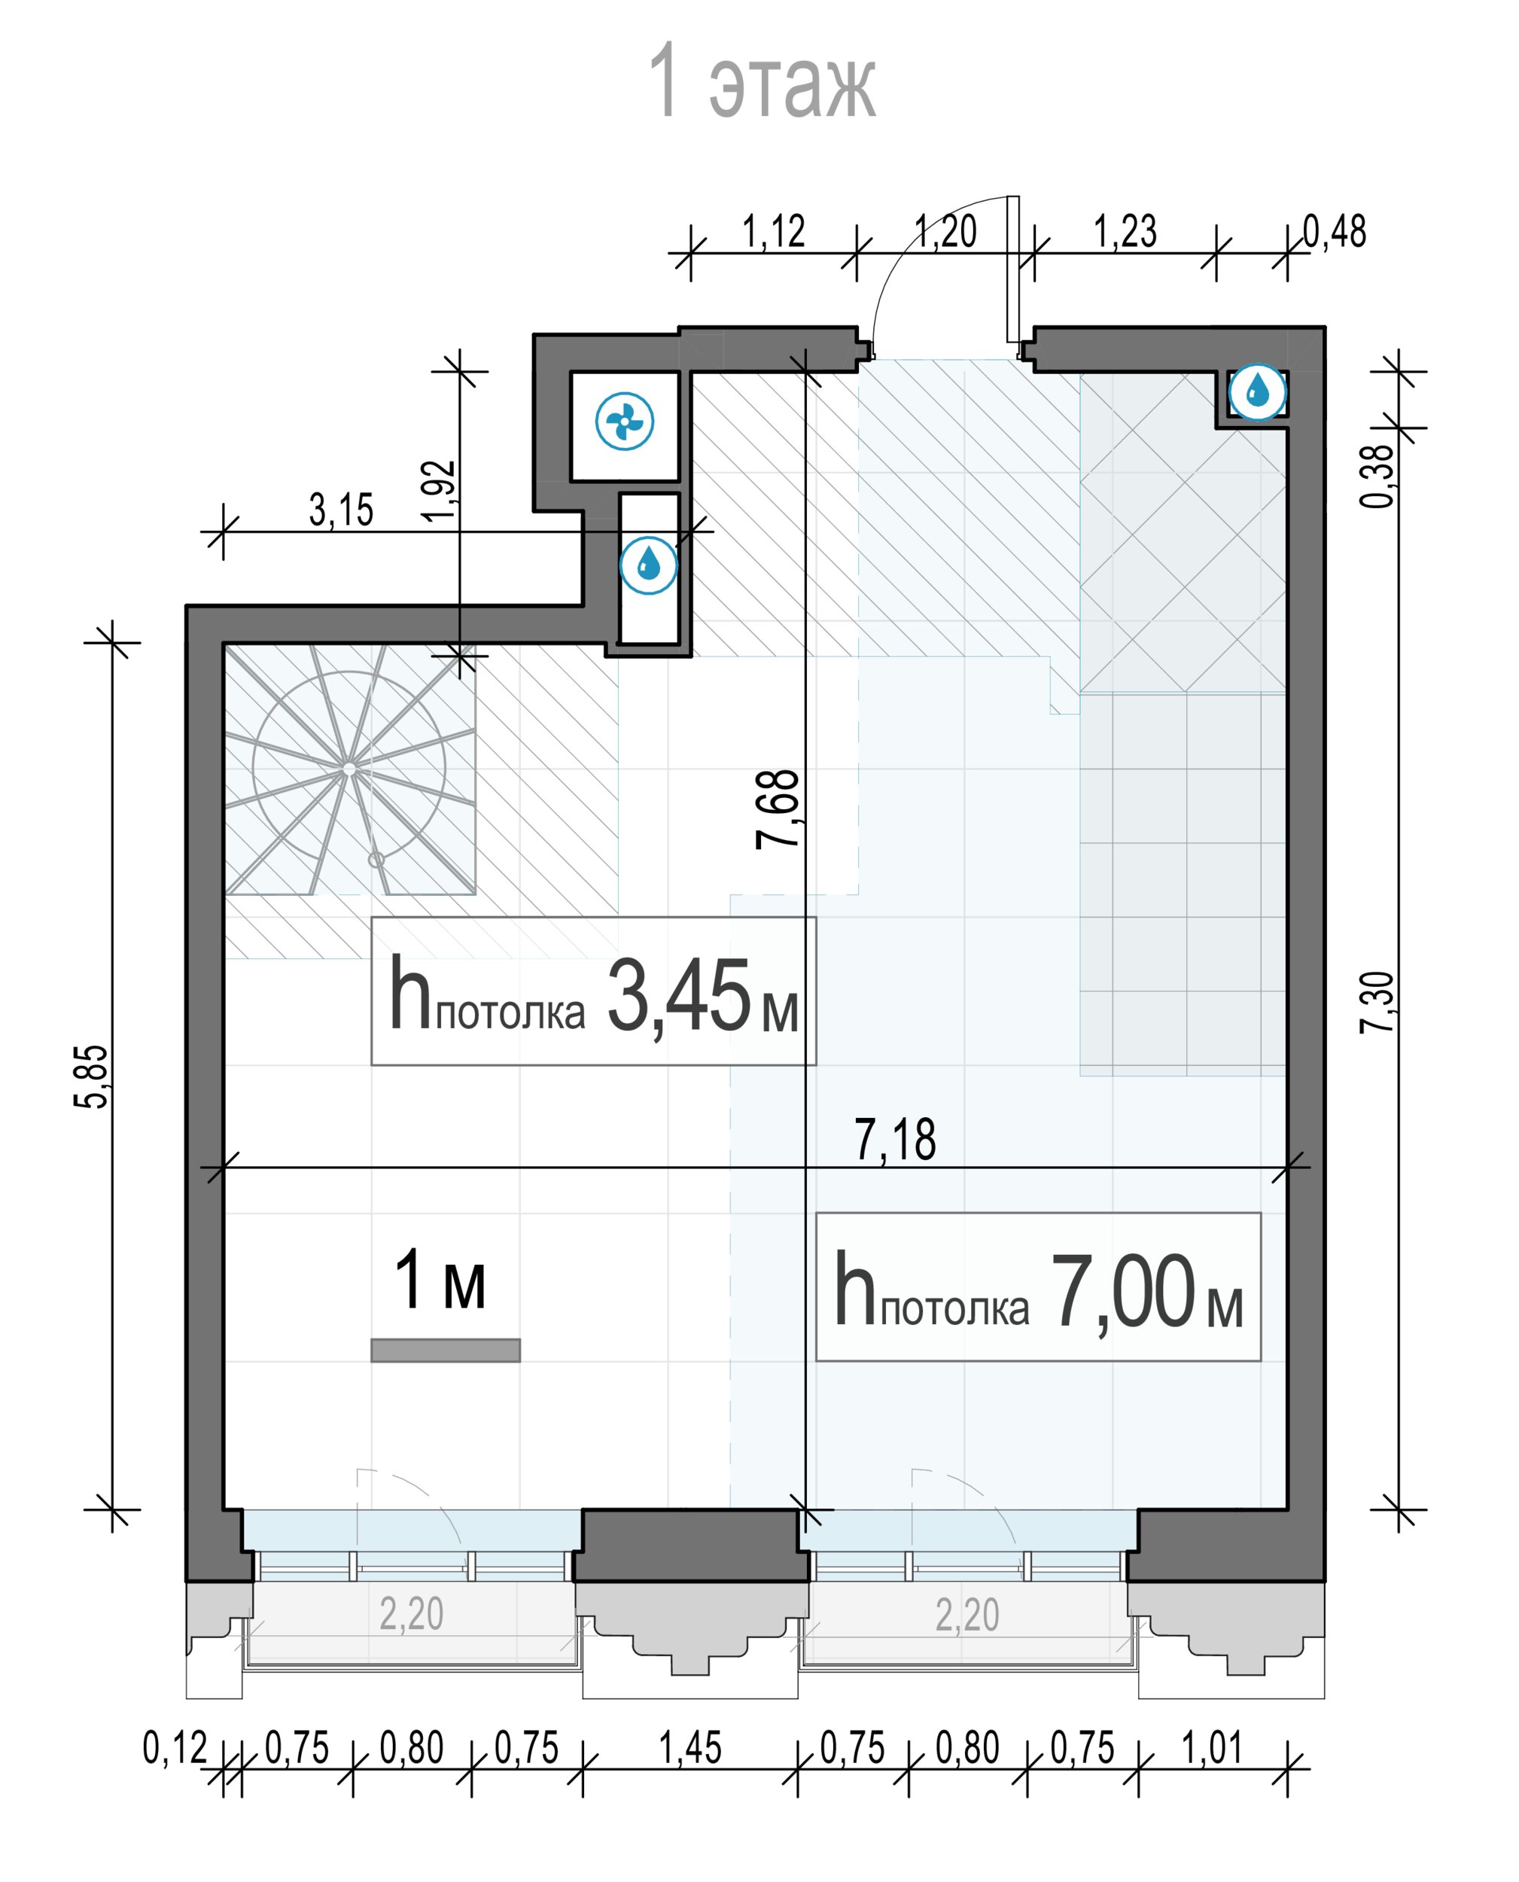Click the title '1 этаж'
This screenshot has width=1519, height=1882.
[x=761, y=81]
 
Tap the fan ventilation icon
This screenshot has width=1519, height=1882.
[x=624, y=422]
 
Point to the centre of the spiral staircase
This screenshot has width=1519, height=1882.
[x=349, y=769]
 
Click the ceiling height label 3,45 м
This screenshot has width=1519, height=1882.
[x=593, y=991]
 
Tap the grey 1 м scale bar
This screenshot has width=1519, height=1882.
[x=446, y=1350]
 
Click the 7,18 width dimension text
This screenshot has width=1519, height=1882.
[x=894, y=1140]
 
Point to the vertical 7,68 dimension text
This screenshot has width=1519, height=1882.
[x=778, y=809]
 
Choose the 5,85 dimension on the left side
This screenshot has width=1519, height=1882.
[x=91, y=1077]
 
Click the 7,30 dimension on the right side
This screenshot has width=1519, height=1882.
[x=1377, y=1003]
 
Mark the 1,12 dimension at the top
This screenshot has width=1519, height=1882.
[x=774, y=232]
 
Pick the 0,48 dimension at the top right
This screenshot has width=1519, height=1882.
[x=1335, y=232]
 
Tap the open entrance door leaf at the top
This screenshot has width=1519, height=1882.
[x=1012, y=269]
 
